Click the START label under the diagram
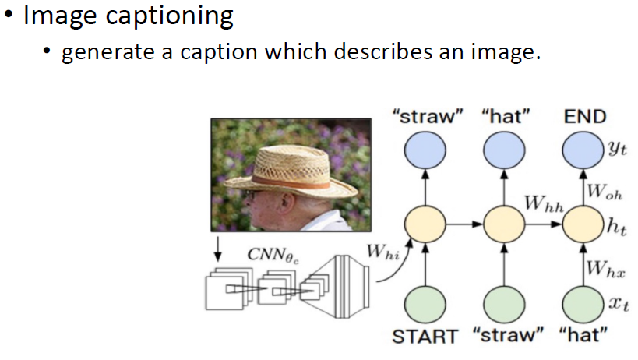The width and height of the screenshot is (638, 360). point(425,337)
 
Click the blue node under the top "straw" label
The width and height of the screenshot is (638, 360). point(425,150)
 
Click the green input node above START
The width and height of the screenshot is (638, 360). point(425,302)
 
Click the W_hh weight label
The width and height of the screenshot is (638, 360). point(543,203)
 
